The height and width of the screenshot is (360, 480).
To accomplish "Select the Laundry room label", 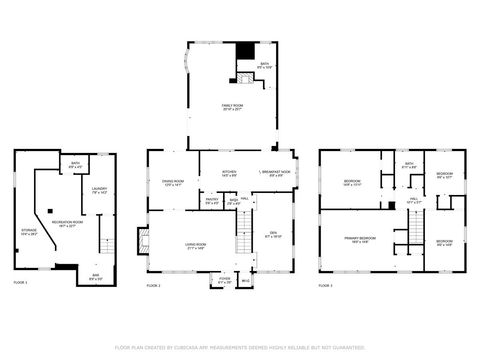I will pyautogui.click(x=99, y=189).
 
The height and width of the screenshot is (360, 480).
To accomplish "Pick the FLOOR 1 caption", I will pyautogui.click(x=20, y=284).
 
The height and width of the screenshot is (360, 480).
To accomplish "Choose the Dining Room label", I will pyautogui.click(x=171, y=182).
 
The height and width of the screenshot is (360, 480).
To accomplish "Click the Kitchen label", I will pyautogui.click(x=229, y=172).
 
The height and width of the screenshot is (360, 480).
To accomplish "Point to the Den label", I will pyautogui.click(x=273, y=233).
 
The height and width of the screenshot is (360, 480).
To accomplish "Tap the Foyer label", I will pyautogui.click(x=225, y=278).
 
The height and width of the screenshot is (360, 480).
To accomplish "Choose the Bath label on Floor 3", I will pyautogui.click(x=409, y=164).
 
